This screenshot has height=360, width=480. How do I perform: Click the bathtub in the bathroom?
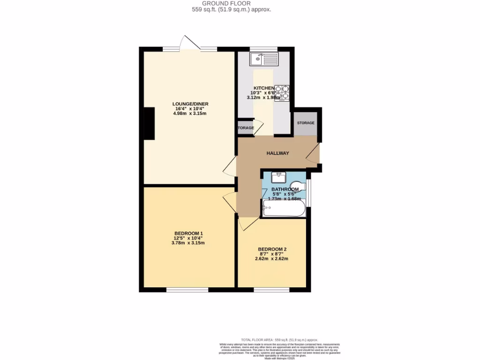284,208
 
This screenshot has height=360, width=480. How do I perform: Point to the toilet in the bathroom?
298,185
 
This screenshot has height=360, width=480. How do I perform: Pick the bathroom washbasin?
278,177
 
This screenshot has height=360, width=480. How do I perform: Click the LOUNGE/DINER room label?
190,104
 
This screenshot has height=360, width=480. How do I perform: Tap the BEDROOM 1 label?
188,233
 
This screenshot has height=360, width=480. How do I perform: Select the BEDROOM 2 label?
272,249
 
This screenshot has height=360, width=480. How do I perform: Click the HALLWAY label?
277,153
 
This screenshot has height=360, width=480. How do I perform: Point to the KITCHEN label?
263,88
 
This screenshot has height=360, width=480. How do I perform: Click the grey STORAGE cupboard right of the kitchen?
305,123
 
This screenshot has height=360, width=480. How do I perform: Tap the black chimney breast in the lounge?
149,123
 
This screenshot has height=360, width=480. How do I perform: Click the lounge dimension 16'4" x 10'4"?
190,109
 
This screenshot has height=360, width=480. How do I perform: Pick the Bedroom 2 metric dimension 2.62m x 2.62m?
272,258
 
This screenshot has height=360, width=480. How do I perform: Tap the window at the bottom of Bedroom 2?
272,290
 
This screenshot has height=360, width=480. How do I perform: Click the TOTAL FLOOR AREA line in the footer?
279,339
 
